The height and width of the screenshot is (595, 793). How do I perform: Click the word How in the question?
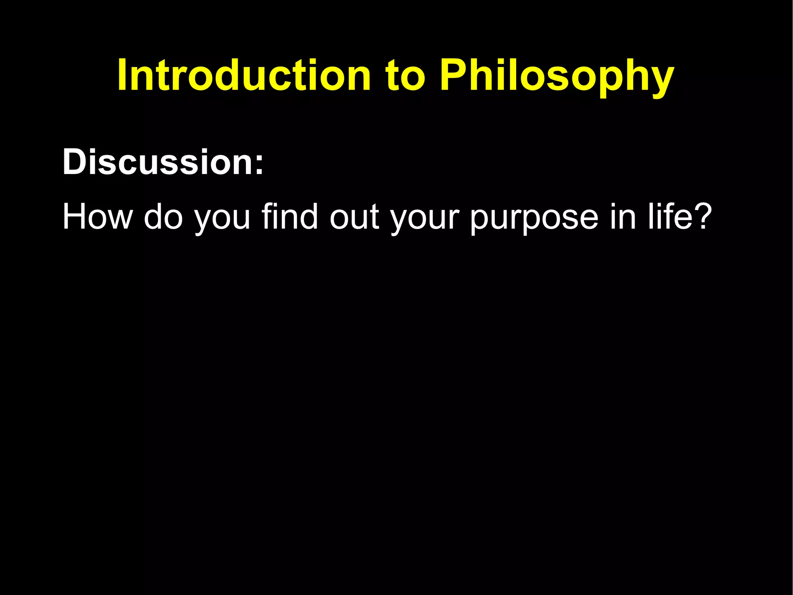[x=97, y=217]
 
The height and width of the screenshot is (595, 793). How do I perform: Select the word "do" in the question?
[x=163, y=217]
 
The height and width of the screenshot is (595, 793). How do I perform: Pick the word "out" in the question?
[x=354, y=218]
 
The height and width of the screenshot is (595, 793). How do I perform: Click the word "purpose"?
[x=534, y=219]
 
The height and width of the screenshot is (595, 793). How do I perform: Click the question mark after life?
[x=702, y=217]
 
